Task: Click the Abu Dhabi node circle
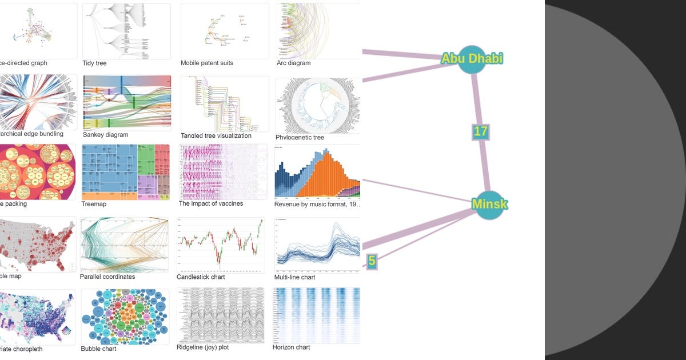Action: pyautogui.click(x=472, y=59)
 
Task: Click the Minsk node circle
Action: pyautogui.click(x=489, y=204)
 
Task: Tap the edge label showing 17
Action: pyautogui.click(x=480, y=131)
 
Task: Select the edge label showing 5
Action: pyautogui.click(x=372, y=261)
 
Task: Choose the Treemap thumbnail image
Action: pyautogui.click(x=126, y=171)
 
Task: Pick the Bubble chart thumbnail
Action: pyautogui.click(x=125, y=316)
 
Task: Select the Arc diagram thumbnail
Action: pyautogui.click(x=318, y=31)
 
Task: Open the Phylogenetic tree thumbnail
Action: pyautogui.click(x=318, y=105)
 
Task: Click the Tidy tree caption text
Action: pyautogui.click(x=94, y=63)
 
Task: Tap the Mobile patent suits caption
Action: pyautogui.click(x=207, y=63)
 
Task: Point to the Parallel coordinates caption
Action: pyautogui.click(x=108, y=277)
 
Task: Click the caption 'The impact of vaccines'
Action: pyautogui.click(x=211, y=204)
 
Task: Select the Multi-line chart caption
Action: pyautogui.click(x=295, y=278)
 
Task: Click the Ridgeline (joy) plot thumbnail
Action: pyautogui.click(x=221, y=315)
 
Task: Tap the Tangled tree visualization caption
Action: pyautogui.click(x=216, y=136)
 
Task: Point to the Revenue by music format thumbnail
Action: pyautogui.click(x=318, y=171)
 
